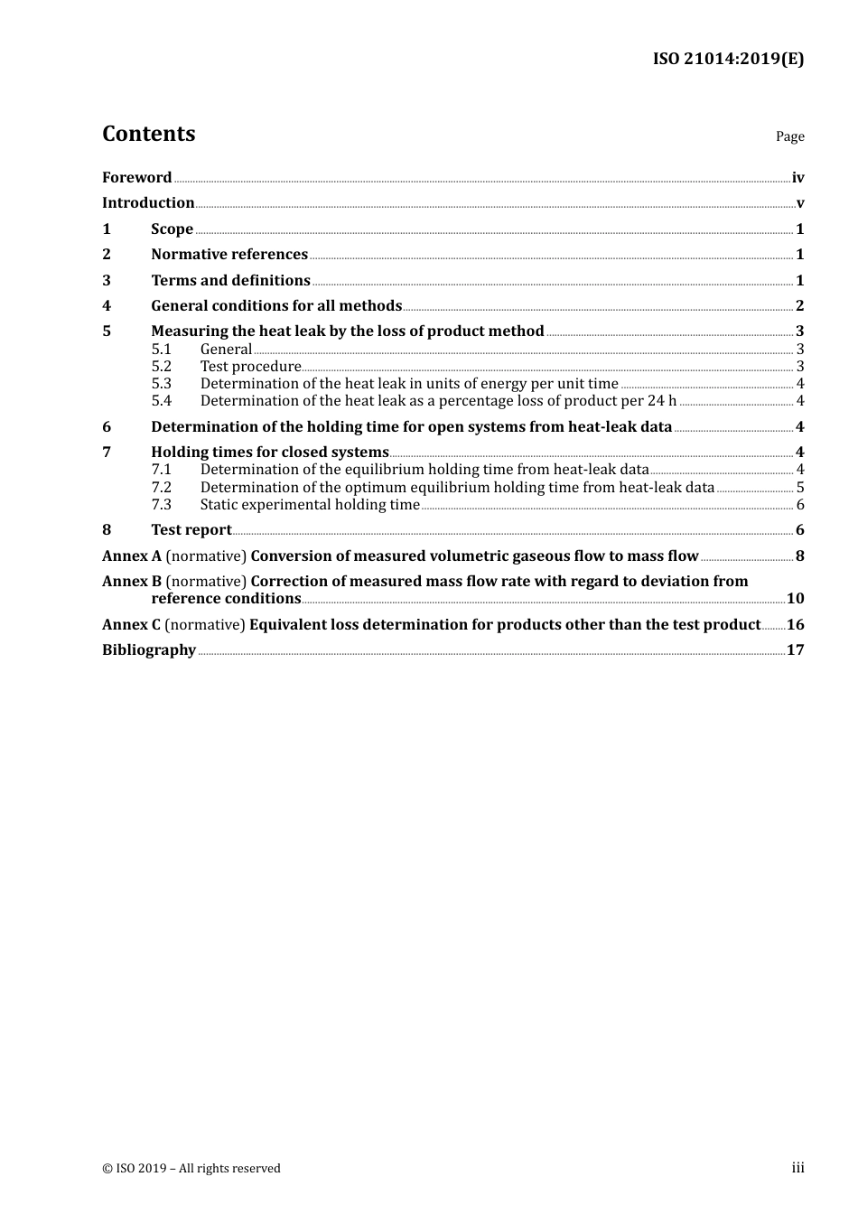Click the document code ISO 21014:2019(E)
(728, 59)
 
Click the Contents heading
(148, 134)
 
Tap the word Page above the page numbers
(789, 136)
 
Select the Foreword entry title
(136, 177)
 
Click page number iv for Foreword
(797, 178)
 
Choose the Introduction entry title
(148, 202)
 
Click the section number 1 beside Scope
(107, 229)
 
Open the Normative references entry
(229, 254)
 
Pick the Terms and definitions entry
(230, 280)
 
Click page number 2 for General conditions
(799, 305)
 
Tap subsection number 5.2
(161, 366)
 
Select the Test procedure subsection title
(250, 366)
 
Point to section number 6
(107, 426)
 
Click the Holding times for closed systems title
(269, 452)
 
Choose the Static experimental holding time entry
(310, 504)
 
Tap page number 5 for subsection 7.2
(799, 487)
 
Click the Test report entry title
(191, 529)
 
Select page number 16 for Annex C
(795, 624)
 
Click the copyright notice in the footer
(191, 1168)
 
